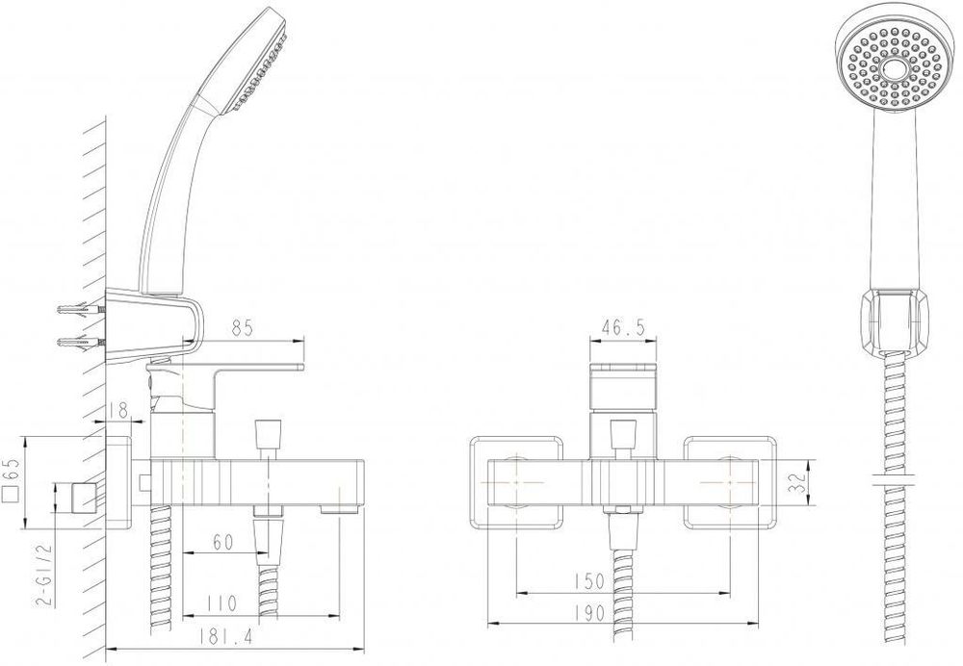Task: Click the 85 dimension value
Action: point(242,328)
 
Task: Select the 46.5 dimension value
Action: point(622,327)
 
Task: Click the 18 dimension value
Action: point(119,410)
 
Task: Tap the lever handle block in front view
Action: point(623,385)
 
